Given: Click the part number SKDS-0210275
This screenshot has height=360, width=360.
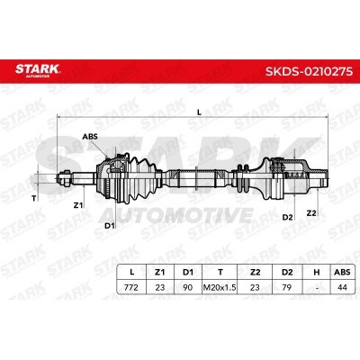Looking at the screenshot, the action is point(309,71).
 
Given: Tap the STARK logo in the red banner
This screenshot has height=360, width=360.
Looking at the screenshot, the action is point(38,70).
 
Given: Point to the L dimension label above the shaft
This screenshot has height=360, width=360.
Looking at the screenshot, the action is point(199,112).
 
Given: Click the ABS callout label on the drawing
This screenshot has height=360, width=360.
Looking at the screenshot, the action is point(90,137).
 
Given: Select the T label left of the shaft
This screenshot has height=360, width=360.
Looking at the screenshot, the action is point(34,198).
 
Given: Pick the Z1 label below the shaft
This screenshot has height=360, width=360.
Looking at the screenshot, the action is point(78,205).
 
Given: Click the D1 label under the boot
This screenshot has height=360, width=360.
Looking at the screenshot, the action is point(110,226).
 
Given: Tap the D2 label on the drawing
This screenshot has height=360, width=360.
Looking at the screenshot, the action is point(287,217).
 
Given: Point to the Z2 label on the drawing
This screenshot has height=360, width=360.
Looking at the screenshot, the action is point(311,213).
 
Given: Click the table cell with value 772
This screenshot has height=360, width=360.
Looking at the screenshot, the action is point(131,287).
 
